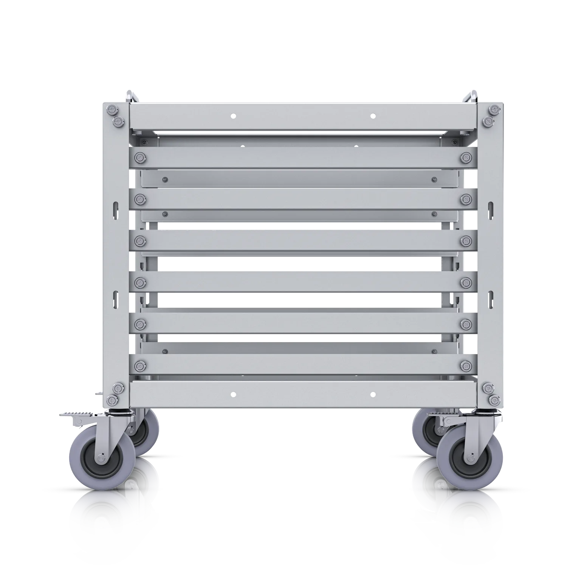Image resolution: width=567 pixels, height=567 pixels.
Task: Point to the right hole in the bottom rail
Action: (373, 393)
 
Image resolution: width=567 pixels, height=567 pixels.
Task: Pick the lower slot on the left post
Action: (115, 298)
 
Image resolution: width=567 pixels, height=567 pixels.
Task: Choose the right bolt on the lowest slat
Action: (466, 365)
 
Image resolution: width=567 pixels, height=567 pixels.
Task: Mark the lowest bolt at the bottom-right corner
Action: (494, 401)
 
